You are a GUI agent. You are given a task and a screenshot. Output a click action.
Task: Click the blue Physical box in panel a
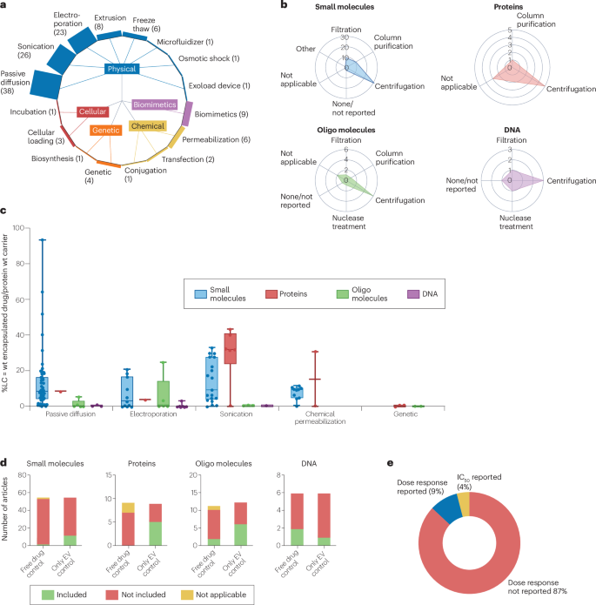122,67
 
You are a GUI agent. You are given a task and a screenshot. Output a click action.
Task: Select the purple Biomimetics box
155,104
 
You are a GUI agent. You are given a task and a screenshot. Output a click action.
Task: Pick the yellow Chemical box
148,126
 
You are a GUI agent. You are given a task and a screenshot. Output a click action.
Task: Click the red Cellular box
92,111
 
